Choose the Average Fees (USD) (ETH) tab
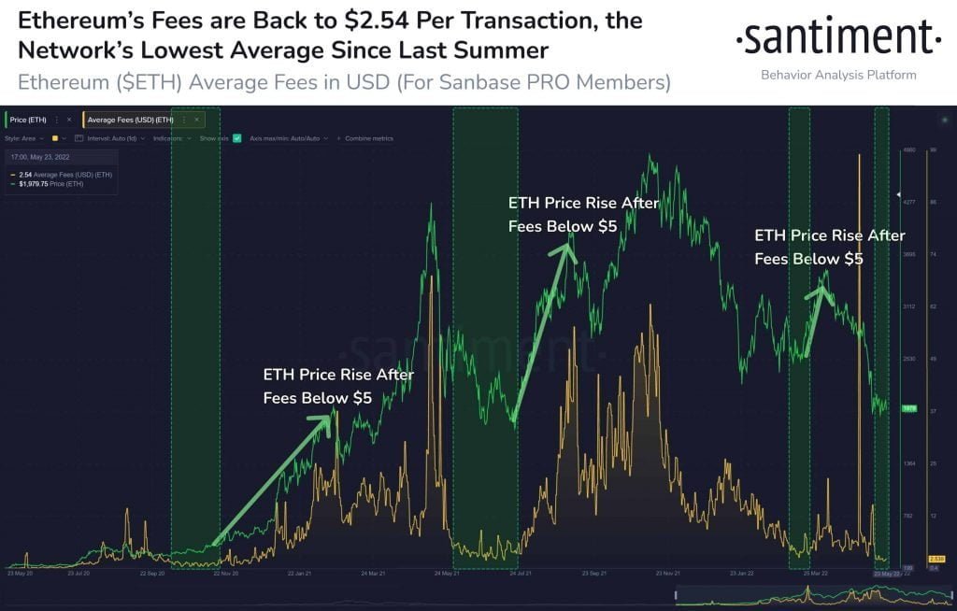coord(130,120)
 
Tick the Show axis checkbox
coord(237,138)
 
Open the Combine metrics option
coord(370,138)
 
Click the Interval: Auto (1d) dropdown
coord(105,138)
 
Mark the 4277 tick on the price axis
coord(907,202)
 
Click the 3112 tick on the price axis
coord(907,305)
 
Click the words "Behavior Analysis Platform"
coord(838,75)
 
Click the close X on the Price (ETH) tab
coord(68,120)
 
